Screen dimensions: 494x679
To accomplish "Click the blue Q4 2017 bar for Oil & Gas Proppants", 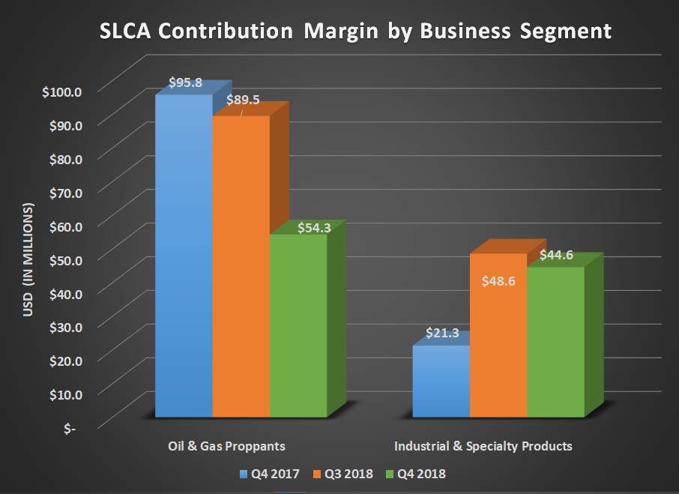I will [184, 255].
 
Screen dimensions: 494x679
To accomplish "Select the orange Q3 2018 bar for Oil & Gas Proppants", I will [241, 266].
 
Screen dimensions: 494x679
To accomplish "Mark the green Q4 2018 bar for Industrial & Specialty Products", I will [555, 341].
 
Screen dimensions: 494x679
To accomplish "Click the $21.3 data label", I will [442, 332].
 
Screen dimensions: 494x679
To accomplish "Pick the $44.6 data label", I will [556, 255].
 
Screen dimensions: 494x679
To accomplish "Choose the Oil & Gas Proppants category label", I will [227, 446].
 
